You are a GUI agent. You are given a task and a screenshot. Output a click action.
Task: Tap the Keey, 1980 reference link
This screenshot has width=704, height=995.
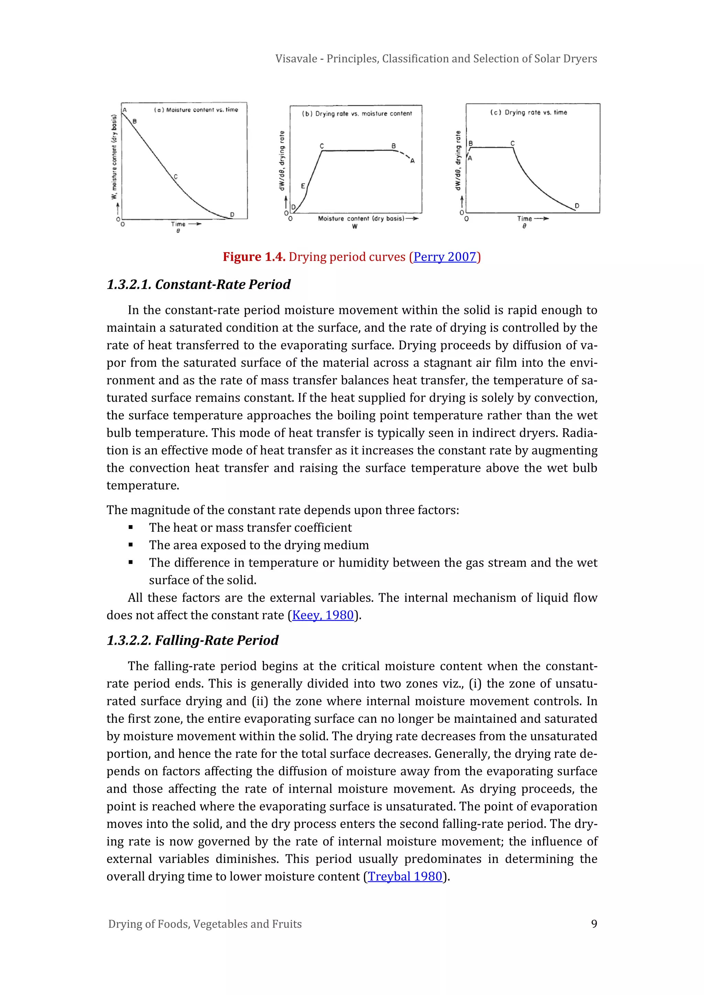(323, 615)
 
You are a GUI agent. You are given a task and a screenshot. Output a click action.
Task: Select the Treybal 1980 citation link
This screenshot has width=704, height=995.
(405, 876)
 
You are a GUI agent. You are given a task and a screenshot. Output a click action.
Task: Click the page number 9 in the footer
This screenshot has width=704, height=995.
(594, 924)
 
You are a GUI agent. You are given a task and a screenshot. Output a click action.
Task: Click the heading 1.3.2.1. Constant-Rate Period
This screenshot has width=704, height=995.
(199, 284)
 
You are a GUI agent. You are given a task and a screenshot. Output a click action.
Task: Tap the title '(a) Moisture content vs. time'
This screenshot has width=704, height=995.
(196, 110)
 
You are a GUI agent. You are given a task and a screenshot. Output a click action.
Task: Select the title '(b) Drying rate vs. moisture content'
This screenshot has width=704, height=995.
(356, 113)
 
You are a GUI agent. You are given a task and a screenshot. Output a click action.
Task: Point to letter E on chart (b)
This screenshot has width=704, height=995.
(303, 186)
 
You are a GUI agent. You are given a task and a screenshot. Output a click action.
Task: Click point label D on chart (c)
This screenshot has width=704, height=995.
(576, 206)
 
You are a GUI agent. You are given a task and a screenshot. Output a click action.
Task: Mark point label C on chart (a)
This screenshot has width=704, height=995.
(176, 176)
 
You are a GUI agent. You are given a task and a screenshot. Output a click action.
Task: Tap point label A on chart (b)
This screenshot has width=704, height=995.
(412, 161)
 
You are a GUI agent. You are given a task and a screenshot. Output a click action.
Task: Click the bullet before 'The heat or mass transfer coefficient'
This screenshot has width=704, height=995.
(131, 528)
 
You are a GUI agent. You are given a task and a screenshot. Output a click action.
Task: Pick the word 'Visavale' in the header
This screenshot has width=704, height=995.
(296, 58)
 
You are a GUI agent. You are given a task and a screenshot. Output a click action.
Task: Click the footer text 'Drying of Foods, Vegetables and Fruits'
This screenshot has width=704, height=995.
(205, 924)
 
